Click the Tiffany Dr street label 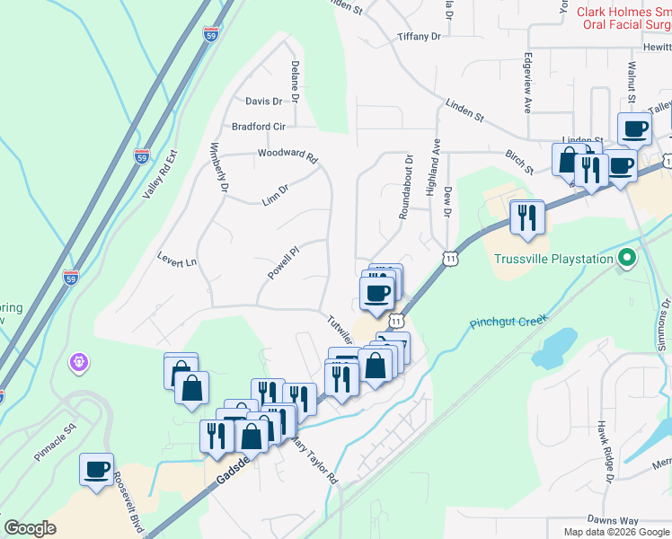click(420, 37)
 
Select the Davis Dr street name click(263, 102)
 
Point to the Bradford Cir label click(258, 127)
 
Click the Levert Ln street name click(176, 262)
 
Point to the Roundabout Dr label click(407, 186)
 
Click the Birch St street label click(519, 162)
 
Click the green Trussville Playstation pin click(628, 260)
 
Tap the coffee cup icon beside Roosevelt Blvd click(97, 469)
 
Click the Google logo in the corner click(30, 528)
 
